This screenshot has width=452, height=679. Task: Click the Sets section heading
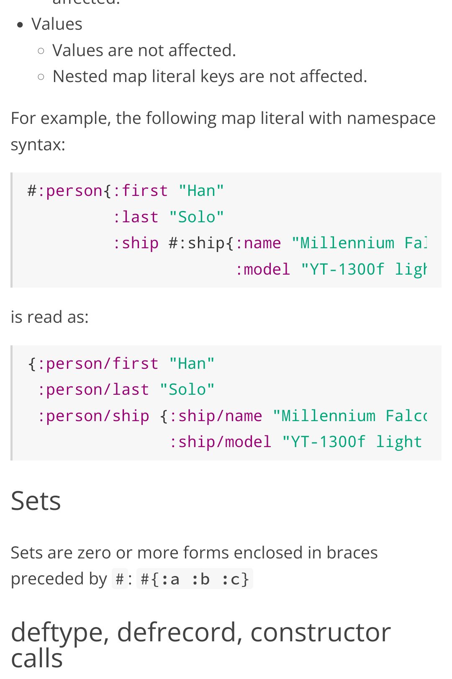pyautogui.click(x=36, y=501)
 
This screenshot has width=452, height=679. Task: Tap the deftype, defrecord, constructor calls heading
pyautogui.click(x=201, y=645)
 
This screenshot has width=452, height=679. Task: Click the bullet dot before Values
pyautogui.click(x=20, y=25)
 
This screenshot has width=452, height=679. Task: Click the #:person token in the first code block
pyautogui.click(x=65, y=191)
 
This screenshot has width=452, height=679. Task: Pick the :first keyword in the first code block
pyautogui.click(x=140, y=191)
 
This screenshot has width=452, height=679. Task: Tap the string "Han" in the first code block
pyautogui.click(x=201, y=191)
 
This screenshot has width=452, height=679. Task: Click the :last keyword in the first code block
pyautogui.click(x=136, y=217)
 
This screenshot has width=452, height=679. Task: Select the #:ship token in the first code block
pyautogui.click(x=197, y=243)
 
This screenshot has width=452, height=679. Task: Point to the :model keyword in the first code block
pyautogui.click(x=262, y=270)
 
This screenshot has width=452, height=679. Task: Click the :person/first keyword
pyautogui.click(x=98, y=364)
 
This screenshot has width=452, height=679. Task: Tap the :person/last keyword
pyautogui.click(x=93, y=390)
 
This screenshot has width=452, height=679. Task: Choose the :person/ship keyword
pyautogui.click(x=93, y=416)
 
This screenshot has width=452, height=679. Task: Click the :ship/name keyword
pyautogui.click(x=216, y=416)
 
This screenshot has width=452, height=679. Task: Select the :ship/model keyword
pyautogui.click(x=220, y=442)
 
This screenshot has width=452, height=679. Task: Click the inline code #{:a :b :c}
pyautogui.click(x=195, y=579)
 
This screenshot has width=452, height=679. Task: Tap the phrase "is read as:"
pyautogui.click(x=49, y=317)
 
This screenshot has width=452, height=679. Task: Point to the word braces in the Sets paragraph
pyautogui.click(x=352, y=553)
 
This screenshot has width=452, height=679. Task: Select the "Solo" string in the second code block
pyautogui.click(x=187, y=390)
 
